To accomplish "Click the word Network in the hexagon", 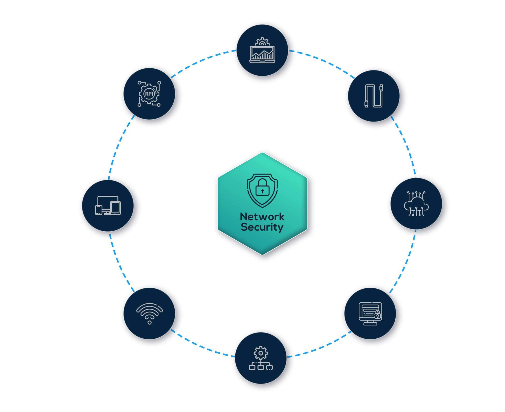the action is point(262,217).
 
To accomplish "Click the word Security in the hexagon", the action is point(262,227).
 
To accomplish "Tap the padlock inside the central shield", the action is point(262,187).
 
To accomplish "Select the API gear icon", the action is point(149,94).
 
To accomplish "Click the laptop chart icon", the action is point(262,50).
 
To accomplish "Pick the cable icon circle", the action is point(374,96).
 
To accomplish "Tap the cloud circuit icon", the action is point(416,204).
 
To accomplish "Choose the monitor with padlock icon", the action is point(370,314).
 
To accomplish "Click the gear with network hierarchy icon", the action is point(261,358).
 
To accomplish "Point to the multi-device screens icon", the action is point(108,205).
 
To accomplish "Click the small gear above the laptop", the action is point(262,41).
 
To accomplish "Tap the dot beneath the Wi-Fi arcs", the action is point(150,322).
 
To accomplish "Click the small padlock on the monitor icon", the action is point(378,315).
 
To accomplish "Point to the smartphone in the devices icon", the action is point(99,210).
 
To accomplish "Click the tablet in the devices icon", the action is point(115,208).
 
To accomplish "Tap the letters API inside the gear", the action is point(149,94).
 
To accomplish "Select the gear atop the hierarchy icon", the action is point(261,353).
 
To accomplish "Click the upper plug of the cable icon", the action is point(381,88).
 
